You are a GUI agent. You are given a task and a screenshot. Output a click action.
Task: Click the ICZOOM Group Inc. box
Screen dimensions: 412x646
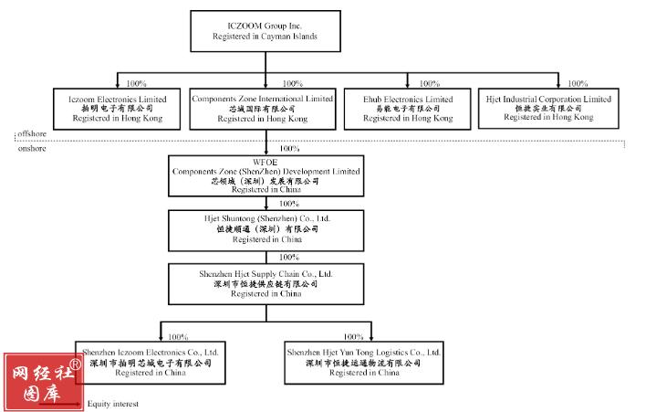coord(266,30)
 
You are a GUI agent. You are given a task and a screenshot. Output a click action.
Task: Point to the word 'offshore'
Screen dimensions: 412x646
coord(32,134)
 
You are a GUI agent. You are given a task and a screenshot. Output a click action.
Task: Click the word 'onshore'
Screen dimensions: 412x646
coord(32,147)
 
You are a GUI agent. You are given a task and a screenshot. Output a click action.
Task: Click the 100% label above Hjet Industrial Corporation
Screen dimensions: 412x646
coord(575,84)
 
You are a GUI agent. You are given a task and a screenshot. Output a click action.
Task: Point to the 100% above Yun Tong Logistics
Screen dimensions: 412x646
coord(354,337)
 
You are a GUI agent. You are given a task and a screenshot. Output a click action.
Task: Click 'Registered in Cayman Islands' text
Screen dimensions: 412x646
coord(266,37)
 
